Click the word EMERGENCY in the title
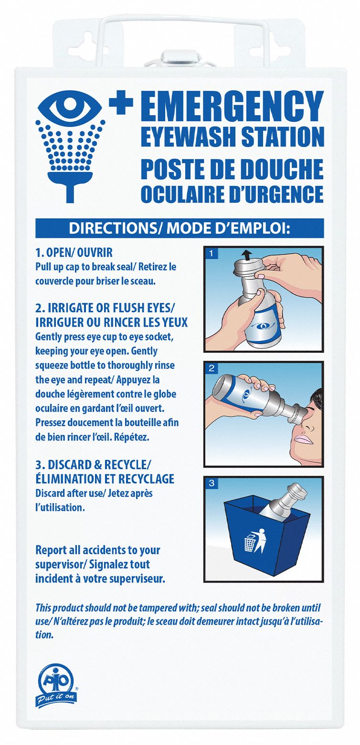tap(232, 106)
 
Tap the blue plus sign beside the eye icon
tap(121, 104)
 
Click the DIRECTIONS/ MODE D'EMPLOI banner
tap(180, 228)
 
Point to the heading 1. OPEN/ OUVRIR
tap(74, 253)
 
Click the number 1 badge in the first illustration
tap(210, 253)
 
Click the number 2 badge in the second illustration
tap(210, 369)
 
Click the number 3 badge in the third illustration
tap(210, 483)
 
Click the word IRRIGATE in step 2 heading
tap(69, 308)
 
